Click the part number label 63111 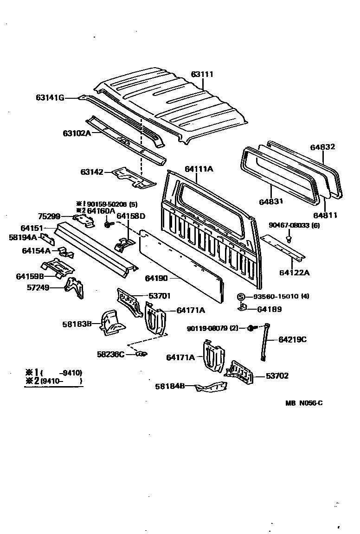[203, 74]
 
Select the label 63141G [50, 97]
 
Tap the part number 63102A [77, 133]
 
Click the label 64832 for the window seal [323, 147]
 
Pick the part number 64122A [294, 272]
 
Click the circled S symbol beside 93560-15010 [241, 297]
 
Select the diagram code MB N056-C [304, 403]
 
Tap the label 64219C [292, 339]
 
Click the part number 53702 [277, 375]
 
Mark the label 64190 [156, 278]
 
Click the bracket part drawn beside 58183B [112, 321]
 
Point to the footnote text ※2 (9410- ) [53, 381]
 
